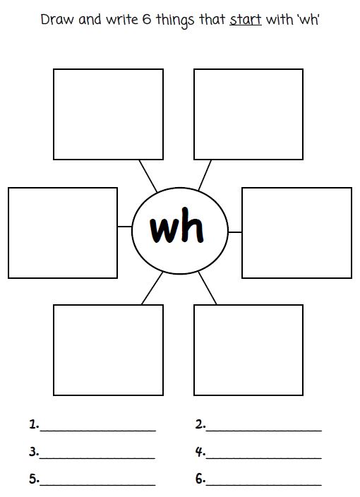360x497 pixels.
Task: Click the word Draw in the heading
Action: click(54, 19)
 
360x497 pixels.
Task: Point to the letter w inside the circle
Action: click(163, 229)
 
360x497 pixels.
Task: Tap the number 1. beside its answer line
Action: click(34, 424)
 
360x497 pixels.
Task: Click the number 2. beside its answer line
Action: click(200, 424)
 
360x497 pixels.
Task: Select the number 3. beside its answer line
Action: click(34, 451)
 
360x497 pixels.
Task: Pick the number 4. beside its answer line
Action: click(200, 451)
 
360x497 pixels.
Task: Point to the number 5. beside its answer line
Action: click(34, 479)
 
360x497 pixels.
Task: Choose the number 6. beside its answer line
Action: click(200, 479)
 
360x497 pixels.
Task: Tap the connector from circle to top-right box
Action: click(205, 174)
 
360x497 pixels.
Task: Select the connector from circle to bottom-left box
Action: click(151, 289)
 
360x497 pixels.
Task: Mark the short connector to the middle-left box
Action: click(124, 227)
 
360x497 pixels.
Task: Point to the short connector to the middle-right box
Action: click(235, 231)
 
